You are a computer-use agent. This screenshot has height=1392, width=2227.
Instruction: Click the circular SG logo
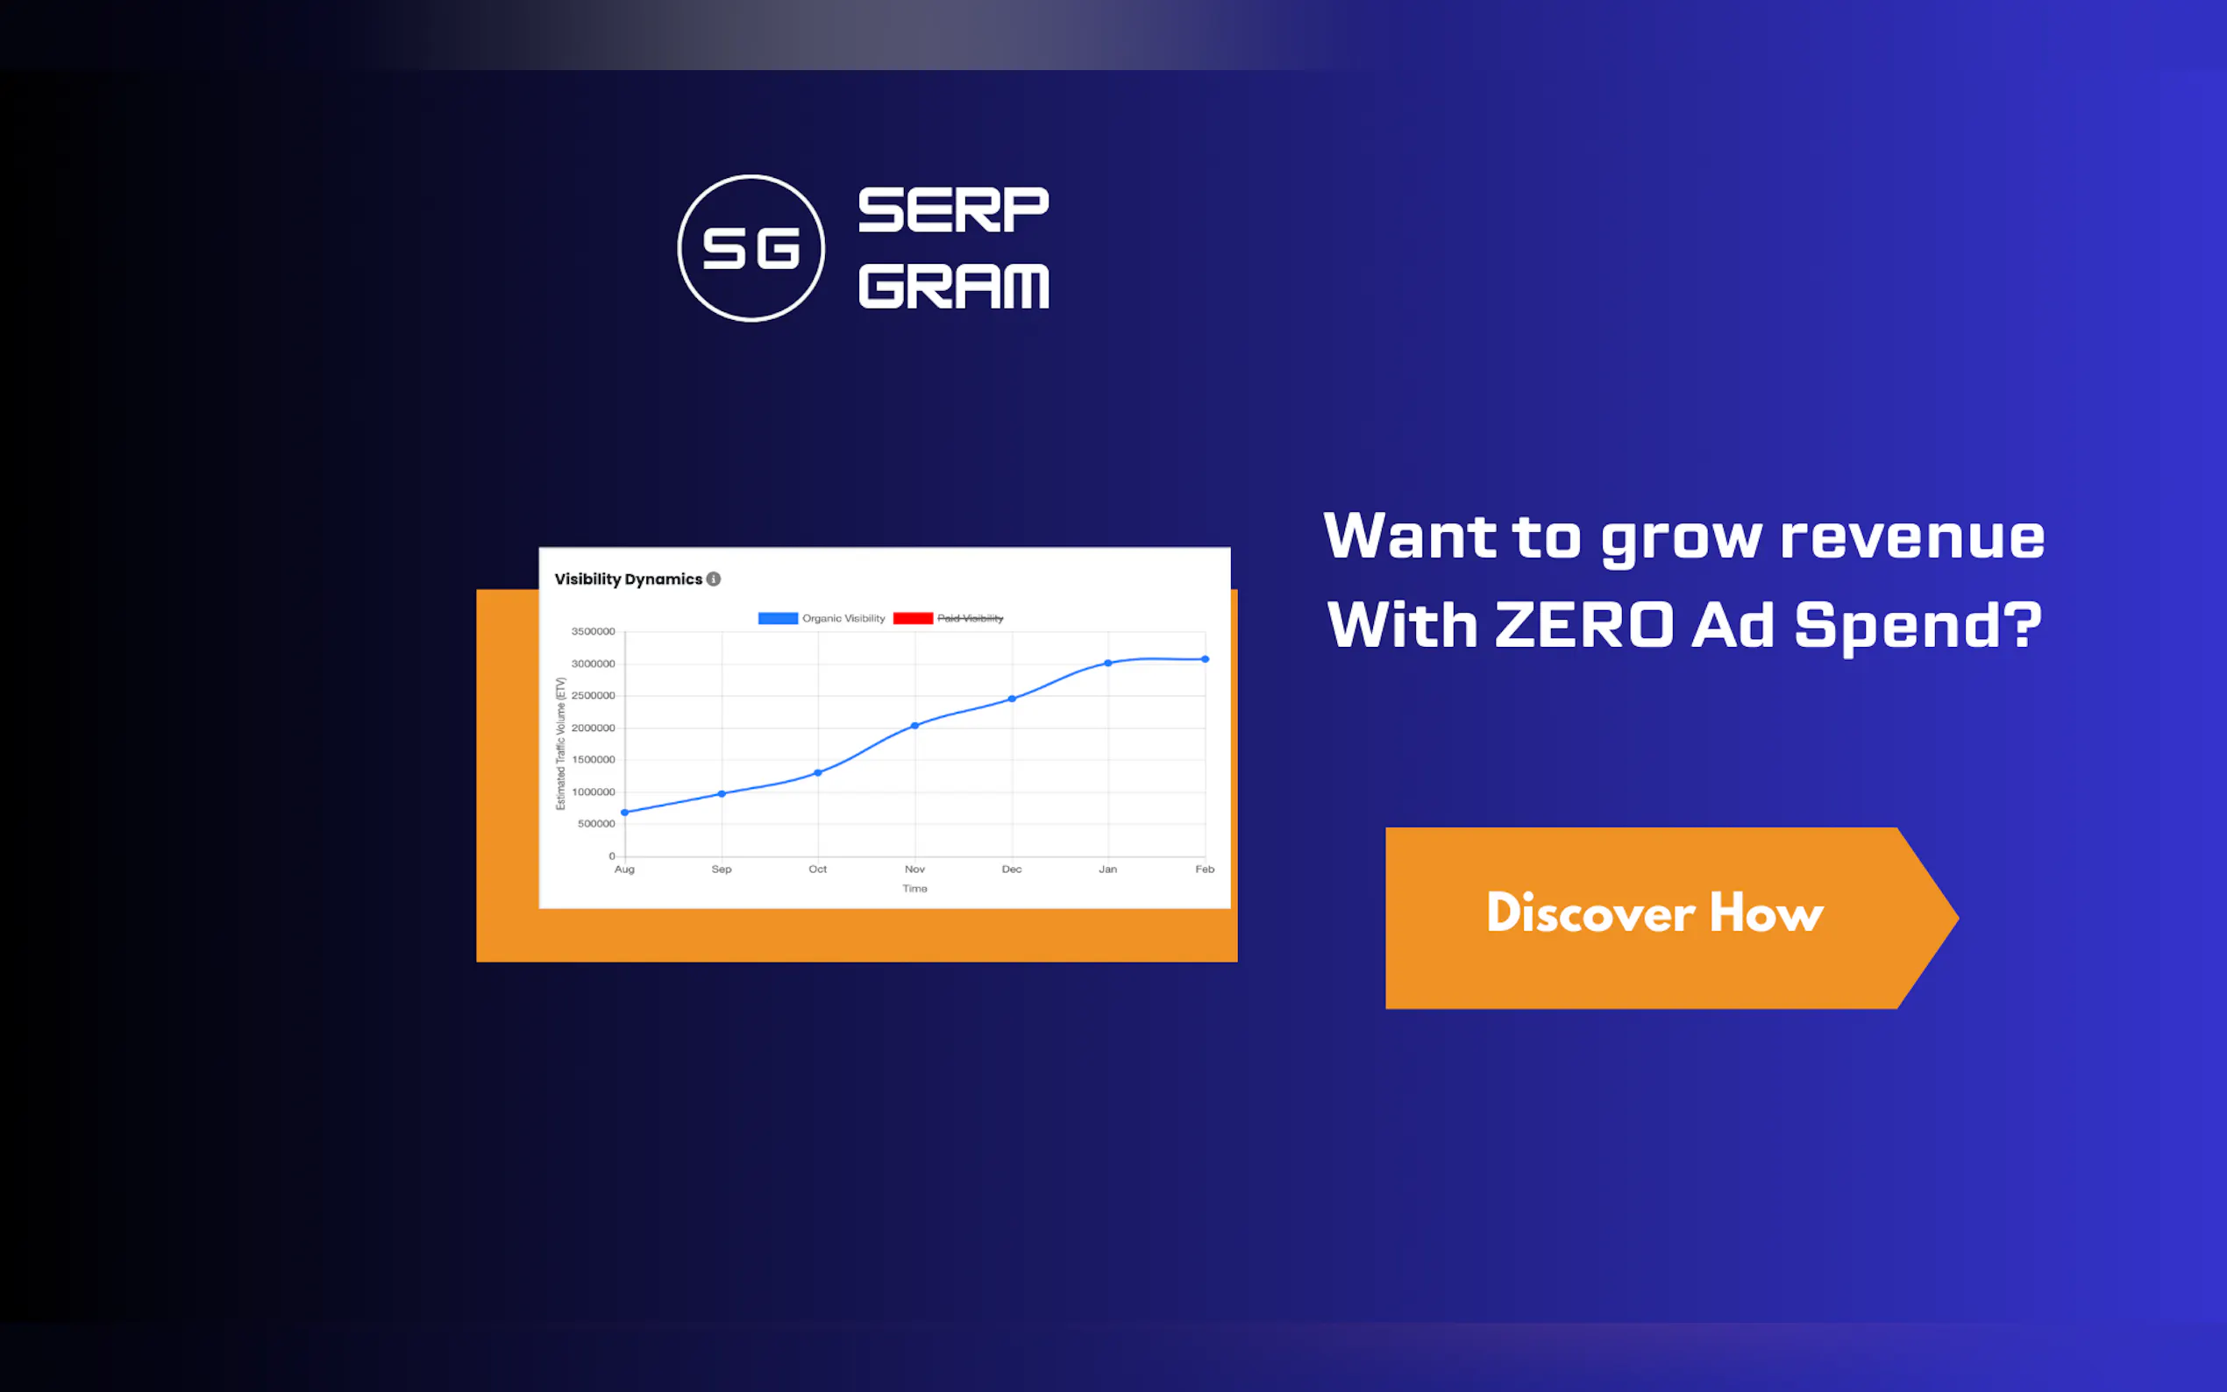[751, 249]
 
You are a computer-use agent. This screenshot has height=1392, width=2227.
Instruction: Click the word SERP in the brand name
[953, 210]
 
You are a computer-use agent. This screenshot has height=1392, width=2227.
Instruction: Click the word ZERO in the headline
[1584, 625]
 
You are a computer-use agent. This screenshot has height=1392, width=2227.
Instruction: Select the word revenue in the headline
[1912, 536]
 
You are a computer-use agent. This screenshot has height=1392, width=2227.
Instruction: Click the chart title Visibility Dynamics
[628, 579]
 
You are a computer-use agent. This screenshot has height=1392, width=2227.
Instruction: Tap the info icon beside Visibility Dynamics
[714, 579]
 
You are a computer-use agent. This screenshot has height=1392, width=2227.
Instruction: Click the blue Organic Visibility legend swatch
[778, 619]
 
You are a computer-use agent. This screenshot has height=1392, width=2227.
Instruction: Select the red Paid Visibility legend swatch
[914, 619]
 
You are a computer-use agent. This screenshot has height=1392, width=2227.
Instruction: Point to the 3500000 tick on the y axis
[593, 631]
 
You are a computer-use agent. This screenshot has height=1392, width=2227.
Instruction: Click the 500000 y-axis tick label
[596, 824]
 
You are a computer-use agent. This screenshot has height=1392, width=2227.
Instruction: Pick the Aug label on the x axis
[624, 869]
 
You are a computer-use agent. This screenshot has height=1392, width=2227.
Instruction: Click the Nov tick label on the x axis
[914, 869]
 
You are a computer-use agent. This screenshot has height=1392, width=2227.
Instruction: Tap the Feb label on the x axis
[1204, 869]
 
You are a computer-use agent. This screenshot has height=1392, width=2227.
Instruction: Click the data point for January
[1108, 663]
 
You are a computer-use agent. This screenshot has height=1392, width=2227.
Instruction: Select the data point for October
[817, 772]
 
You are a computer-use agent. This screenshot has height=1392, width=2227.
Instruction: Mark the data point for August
[624, 812]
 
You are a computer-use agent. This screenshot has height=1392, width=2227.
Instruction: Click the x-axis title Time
[914, 889]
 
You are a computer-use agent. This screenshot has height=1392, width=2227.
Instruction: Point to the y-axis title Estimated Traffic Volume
[560, 744]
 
